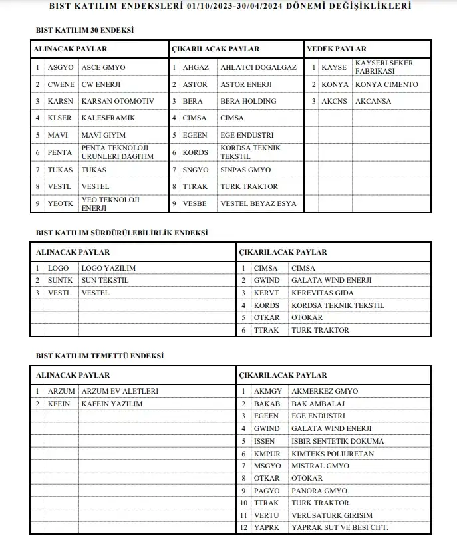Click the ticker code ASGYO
tap(61, 68)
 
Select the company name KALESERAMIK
tap(108, 118)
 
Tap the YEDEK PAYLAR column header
tap(336, 49)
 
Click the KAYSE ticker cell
tap(334, 68)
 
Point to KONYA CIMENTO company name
tap(387, 84)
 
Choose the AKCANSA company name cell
tap(373, 101)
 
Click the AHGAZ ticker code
tap(196, 68)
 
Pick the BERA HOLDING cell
tap(248, 101)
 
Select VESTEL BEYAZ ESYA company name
tap(258, 203)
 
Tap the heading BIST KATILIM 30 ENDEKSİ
tap(84, 31)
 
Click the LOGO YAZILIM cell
tap(108, 268)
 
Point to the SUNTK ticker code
tap(60, 280)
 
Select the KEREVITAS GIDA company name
tap(323, 293)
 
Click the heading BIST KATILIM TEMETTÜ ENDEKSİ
tap(99, 356)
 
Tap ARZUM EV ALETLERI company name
tap(120, 391)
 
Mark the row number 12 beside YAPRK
tap(244, 528)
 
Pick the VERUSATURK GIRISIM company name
tap(332, 515)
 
